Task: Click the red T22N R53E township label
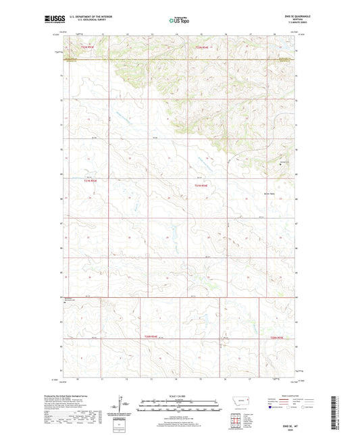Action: point(89,47)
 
